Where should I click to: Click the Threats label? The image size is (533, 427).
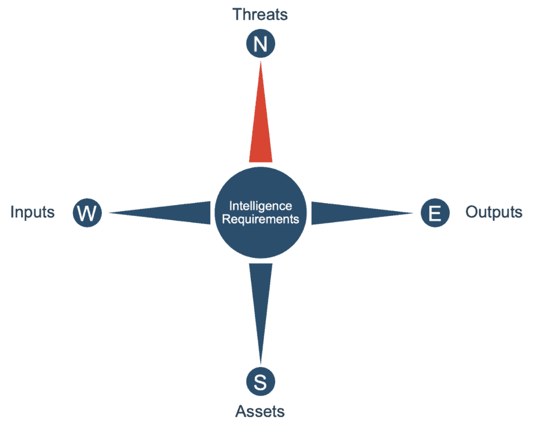[260, 15]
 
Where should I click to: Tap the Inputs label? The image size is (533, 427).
[33, 212]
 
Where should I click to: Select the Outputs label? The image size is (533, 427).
[493, 212]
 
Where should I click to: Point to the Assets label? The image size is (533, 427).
[260, 411]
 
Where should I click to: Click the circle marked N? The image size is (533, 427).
[261, 44]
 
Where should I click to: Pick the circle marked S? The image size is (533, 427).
[261, 381]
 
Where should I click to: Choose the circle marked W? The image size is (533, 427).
[87, 213]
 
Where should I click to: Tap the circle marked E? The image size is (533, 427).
[435, 213]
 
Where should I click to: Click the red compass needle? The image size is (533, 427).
[261, 112]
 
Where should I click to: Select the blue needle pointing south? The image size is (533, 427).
[261, 313]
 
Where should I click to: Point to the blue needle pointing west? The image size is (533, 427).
[160, 213]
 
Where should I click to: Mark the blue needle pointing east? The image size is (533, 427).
[363, 213]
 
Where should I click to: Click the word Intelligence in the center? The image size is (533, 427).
[261, 206]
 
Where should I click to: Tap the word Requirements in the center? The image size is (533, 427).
[261, 219]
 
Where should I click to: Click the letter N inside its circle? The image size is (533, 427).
[261, 44]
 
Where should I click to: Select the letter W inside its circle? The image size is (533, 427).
[87, 213]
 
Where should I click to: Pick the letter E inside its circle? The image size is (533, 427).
[435, 213]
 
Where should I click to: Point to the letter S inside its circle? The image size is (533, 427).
[261, 382]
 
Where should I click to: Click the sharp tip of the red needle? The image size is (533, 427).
[261, 62]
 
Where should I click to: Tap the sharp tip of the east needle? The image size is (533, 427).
[413, 213]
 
